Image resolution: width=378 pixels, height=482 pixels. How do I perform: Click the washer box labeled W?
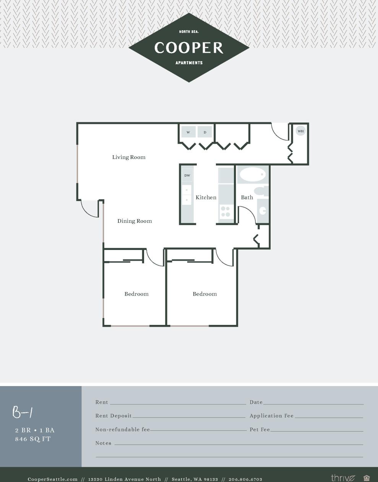(x=188, y=132)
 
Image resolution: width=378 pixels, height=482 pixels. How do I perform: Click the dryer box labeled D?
(x=205, y=132)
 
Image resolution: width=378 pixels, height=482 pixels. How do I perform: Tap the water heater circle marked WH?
(x=301, y=131)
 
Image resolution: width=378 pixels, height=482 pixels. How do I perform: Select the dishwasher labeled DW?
(x=187, y=175)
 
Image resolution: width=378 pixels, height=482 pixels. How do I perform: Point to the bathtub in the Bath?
(x=252, y=175)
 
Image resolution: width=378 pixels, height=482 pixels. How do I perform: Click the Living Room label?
(x=129, y=157)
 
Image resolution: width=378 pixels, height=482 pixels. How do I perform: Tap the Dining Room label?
(x=135, y=221)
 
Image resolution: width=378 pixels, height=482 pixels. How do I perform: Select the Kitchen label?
(x=206, y=197)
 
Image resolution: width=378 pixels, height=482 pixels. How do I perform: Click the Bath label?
(x=247, y=197)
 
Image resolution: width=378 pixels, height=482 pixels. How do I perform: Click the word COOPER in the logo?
(x=189, y=48)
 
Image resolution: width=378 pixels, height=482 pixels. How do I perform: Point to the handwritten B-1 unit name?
(x=23, y=412)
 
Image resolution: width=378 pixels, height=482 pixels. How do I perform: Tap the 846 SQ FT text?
(x=33, y=439)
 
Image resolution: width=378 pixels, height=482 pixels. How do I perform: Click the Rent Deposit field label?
(x=114, y=416)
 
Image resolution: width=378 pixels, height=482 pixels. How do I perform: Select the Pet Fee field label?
(x=260, y=430)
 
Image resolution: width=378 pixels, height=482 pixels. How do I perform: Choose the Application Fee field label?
(x=272, y=416)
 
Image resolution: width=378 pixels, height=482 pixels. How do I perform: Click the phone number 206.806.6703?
(x=245, y=479)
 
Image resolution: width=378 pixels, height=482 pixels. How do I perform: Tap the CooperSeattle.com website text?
(x=53, y=479)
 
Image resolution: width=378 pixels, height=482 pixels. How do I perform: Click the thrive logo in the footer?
(x=343, y=478)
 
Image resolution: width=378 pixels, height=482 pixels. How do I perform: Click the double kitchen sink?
(x=187, y=195)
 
